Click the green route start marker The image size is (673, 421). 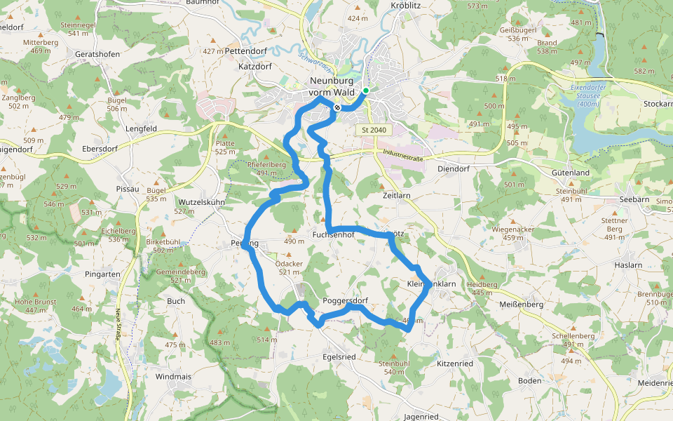366,91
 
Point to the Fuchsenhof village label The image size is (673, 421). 334,234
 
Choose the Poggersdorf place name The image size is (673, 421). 346,301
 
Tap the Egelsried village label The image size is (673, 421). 339,356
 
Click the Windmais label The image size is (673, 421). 172,377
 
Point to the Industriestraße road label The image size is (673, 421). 405,155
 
